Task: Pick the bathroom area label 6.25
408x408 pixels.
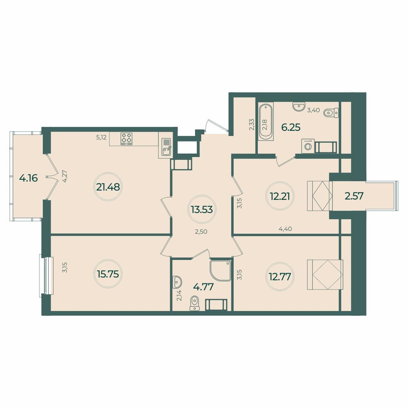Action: coord(291,127)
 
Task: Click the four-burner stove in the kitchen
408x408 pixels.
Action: coord(127,139)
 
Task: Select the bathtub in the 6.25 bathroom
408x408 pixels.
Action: coord(265,122)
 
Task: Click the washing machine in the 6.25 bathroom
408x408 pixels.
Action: coord(306,146)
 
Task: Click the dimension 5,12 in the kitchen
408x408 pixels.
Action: coord(101,137)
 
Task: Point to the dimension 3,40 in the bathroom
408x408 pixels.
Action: coord(313,110)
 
